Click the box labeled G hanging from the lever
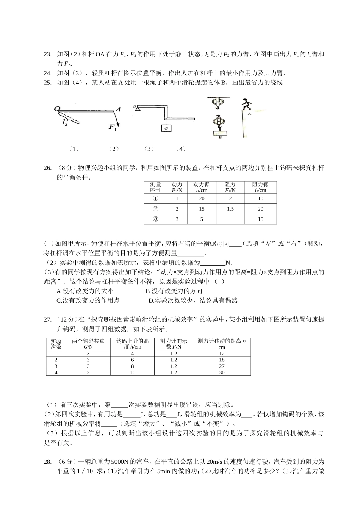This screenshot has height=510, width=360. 166,128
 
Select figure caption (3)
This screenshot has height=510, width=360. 149,149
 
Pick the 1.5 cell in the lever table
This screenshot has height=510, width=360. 230,209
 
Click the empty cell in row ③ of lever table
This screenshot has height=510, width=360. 230,219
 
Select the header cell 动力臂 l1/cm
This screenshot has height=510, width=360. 201,187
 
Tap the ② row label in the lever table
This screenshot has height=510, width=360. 155,209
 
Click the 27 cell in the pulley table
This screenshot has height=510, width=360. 222,366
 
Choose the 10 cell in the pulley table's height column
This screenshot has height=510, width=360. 133,372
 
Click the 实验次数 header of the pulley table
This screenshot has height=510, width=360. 56,344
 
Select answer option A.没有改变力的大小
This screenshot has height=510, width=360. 85,291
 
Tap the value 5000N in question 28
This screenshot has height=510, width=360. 120,462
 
